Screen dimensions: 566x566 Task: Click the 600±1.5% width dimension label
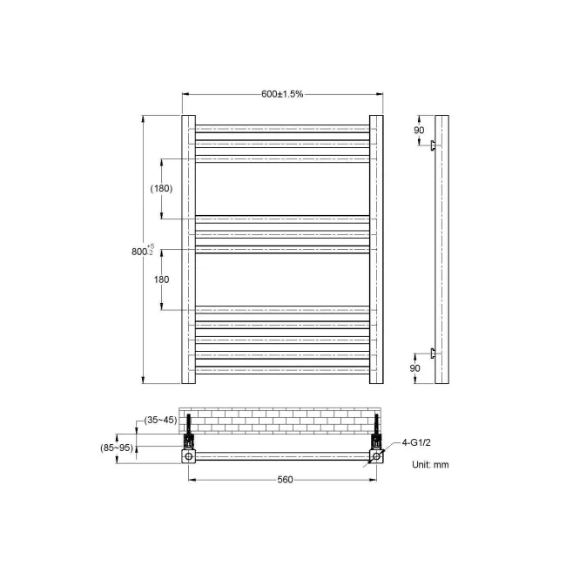point(282,94)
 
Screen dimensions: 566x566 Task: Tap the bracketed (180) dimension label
point(161,188)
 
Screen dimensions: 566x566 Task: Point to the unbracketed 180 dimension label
point(161,280)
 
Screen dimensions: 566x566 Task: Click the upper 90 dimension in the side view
point(419,130)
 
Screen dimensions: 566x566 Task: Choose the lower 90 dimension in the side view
point(415,368)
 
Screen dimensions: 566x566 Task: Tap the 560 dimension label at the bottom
point(284,480)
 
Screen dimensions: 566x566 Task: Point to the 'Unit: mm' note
point(430,464)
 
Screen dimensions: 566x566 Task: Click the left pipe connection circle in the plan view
point(189,456)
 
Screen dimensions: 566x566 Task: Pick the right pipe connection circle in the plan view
point(376,456)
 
